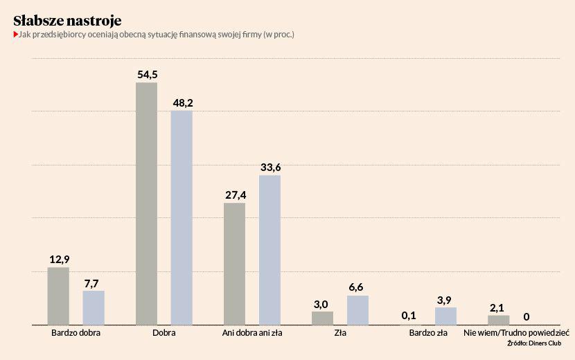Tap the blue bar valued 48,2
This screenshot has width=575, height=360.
(182, 217)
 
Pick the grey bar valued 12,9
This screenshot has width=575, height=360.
(58, 296)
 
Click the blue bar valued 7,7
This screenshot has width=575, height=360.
(94, 307)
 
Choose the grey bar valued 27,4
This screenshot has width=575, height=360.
(235, 264)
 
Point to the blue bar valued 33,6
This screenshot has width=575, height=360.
(269, 250)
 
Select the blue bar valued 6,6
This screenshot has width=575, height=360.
(357, 310)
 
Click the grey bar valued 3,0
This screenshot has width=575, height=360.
(322, 318)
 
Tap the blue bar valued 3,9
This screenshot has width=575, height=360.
(445, 316)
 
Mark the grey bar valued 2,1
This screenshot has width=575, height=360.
(498, 320)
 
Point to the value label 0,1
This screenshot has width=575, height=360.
(410, 316)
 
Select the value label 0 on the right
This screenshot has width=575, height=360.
(527, 317)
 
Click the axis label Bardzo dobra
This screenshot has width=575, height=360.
(76, 333)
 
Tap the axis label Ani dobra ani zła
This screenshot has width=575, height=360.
(252, 333)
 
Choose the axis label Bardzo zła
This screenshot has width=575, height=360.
(428, 333)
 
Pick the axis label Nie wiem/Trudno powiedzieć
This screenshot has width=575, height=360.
(516, 333)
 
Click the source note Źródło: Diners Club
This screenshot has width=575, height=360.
(533, 343)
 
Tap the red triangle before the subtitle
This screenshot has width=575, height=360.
(16, 34)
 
